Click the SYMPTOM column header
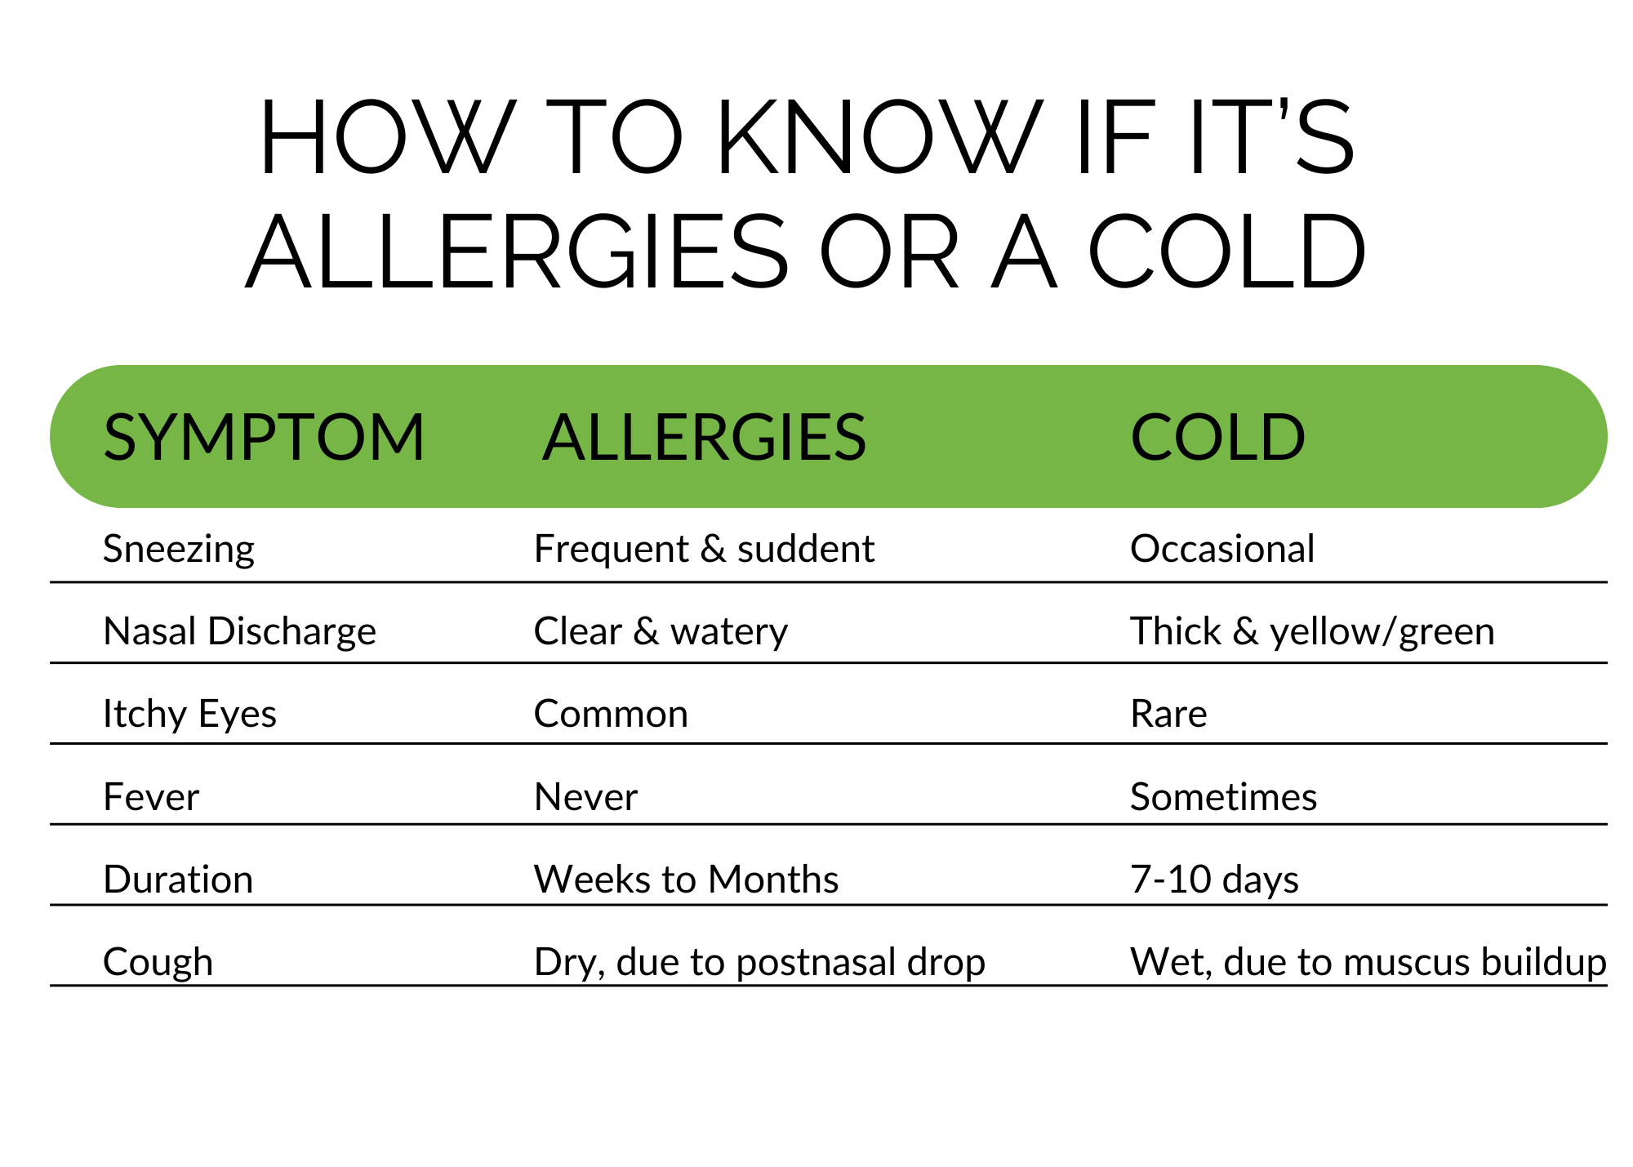point(264,437)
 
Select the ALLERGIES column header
point(704,437)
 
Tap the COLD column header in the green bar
point(1217,437)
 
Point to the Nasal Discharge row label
point(239,632)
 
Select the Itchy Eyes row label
point(189,715)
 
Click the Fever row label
point(151,796)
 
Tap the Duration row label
point(178,879)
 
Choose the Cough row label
point(158,962)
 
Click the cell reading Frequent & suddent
point(704,549)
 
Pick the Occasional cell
point(1222,549)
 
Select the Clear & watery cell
point(661,632)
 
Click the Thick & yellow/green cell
point(1312,632)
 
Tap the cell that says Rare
point(1168,714)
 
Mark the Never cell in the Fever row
point(585,796)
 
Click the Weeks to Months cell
point(686,879)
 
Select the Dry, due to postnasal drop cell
point(759,962)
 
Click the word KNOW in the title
point(880,136)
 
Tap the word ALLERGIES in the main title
point(517,252)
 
